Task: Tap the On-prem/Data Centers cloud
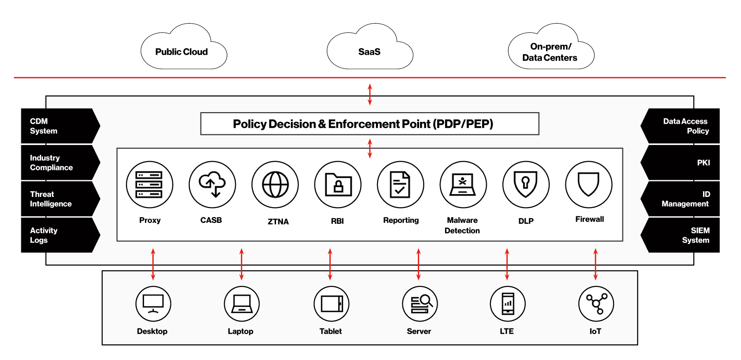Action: pyautogui.click(x=550, y=51)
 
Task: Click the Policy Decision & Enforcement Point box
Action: pyautogui.click(x=369, y=124)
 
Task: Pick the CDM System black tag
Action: pyautogui.click(x=58, y=126)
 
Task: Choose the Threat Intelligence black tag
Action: pyautogui.click(x=58, y=199)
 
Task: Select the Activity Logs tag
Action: pyautogui.click(x=58, y=235)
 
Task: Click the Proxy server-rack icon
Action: pyautogui.click(x=149, y=184)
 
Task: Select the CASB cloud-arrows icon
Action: pyautogui.click(x=212, y=184)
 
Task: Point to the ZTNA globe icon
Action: pyautogui.click(x=275, y=184)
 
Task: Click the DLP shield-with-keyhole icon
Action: pyautogui.click(x=526, y=184)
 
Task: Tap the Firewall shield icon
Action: pyautogui.click(x=589, y=184)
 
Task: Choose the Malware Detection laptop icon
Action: pyautogui.click(x=463, y=184)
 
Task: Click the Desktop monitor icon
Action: pyautogui.click(x=153, y=304)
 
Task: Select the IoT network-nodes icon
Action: pyautogui.click(x=596, y=304)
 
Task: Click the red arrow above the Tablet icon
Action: pyautogui.click(x=330, y=264)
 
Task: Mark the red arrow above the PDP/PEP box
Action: pyautogui.click(x=370, y=95)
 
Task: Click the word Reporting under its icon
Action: pyautogui.click(x=401, y=221)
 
